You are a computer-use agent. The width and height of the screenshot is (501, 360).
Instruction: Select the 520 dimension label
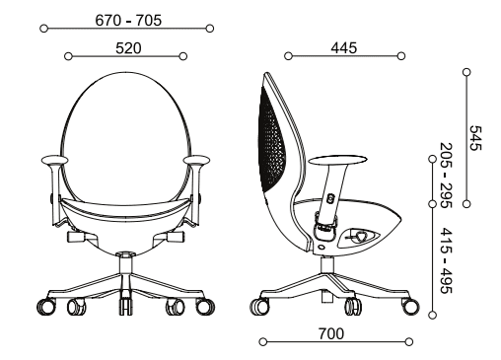[124, 46]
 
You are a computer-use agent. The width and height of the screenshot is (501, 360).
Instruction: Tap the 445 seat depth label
[344, 46]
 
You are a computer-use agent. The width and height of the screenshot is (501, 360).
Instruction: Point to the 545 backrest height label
[476, 137]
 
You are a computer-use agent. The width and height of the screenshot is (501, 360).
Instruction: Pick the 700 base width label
[331, 334]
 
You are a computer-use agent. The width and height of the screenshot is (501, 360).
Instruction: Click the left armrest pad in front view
[54, 159]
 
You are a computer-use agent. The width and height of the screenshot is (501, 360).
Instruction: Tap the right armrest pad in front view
[197, 159]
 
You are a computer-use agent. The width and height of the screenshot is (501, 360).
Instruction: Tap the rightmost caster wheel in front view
[205, 306]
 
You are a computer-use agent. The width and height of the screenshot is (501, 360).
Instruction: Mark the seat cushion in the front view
[125, 209]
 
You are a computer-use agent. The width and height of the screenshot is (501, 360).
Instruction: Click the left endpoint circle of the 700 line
[261, 343]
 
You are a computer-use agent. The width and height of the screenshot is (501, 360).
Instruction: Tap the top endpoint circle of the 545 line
[465, 71]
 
